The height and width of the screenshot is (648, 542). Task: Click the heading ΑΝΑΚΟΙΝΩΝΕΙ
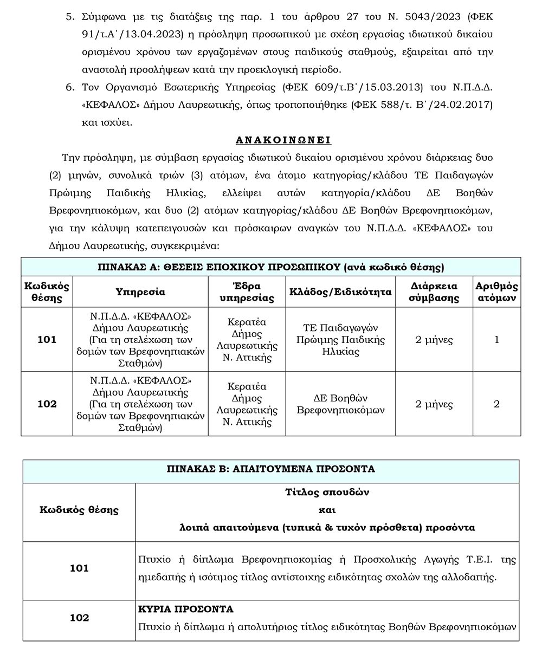283,140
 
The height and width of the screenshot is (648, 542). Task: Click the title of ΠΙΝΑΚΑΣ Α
270,267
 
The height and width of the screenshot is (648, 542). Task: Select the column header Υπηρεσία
140,292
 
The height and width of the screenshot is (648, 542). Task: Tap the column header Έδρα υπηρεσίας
247,292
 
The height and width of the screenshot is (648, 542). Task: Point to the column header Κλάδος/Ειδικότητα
340,292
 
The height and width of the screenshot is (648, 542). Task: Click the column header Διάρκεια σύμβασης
434,292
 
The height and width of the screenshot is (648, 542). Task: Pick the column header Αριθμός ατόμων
496,292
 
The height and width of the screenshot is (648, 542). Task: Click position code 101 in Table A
47,340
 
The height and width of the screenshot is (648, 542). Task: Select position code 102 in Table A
47,404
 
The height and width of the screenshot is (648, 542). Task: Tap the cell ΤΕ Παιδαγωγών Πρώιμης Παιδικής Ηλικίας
340,340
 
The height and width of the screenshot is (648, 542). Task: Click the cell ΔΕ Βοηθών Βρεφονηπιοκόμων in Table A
340,404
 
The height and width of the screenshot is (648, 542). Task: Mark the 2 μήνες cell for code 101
434,340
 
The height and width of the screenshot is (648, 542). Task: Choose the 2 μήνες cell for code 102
434,404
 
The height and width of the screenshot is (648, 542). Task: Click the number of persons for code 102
496,404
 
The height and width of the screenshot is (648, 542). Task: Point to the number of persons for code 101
496,340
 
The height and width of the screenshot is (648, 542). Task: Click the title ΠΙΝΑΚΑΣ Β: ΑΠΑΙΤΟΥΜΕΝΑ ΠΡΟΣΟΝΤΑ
270,469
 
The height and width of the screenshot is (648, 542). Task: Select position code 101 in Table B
79,568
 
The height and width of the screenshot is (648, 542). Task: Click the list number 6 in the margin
69,87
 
